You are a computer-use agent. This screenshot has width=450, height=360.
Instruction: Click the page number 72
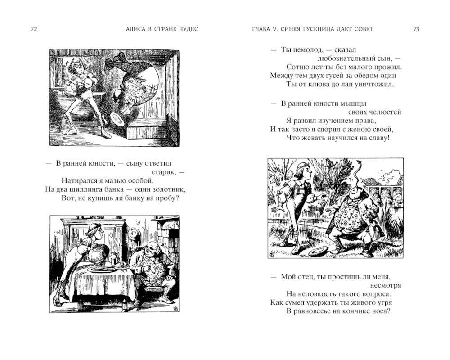click(x=34, y=29)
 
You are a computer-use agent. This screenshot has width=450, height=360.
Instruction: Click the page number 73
click(x=416, y=29)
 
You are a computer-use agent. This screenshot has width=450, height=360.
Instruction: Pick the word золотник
click(x=168, y=189)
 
